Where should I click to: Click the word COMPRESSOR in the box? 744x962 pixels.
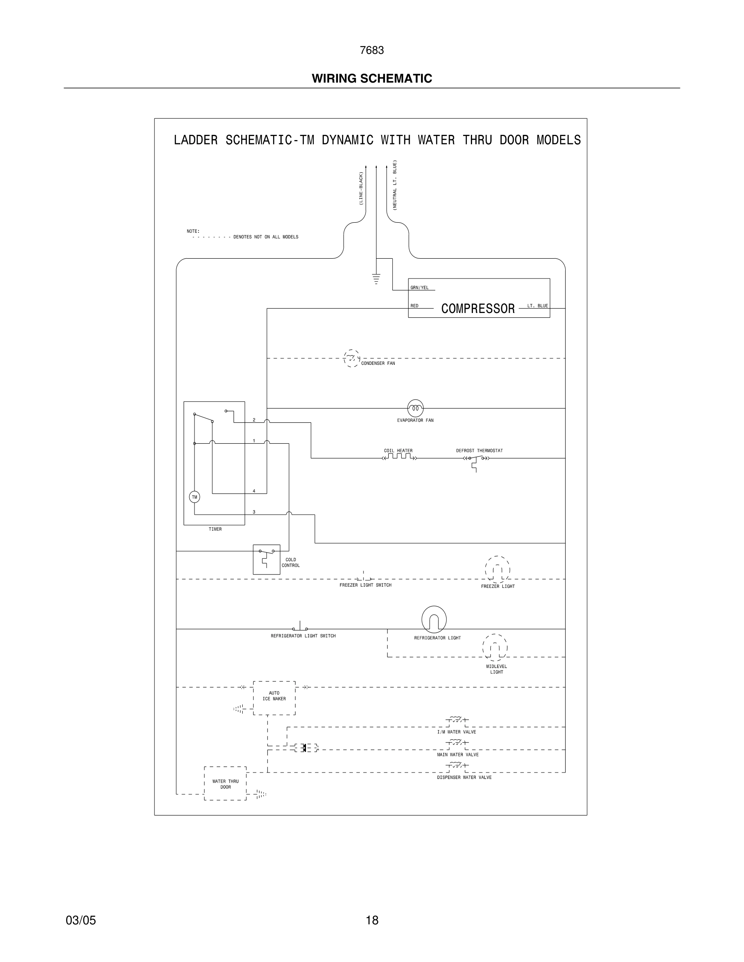click(478, 309)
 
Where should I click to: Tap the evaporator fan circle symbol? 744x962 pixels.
click(415, 408)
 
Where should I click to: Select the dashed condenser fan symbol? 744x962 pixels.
click(351, 359)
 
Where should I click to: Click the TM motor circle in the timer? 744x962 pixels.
click(195, 497)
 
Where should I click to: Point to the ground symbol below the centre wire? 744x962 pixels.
click(376, 279)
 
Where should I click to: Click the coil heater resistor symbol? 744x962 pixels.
click(399, 457)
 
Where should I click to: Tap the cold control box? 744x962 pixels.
click(266, 559)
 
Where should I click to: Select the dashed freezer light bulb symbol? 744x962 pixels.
click(498, 569)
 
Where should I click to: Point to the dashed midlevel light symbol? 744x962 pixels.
click(495, 647)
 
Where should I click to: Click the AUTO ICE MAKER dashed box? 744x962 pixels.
click(274, 698)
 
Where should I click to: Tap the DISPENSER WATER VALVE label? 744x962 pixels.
click(464, 777)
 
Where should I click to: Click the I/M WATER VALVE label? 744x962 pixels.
click(456, 732)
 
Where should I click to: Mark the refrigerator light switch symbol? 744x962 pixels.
click(300, 628)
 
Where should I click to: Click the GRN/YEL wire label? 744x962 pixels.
click(419, 287)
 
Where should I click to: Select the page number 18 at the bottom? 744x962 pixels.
click(372, 920)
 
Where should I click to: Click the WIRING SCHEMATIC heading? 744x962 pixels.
click(372, 79)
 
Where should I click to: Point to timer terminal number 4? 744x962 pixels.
click(254, 491)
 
